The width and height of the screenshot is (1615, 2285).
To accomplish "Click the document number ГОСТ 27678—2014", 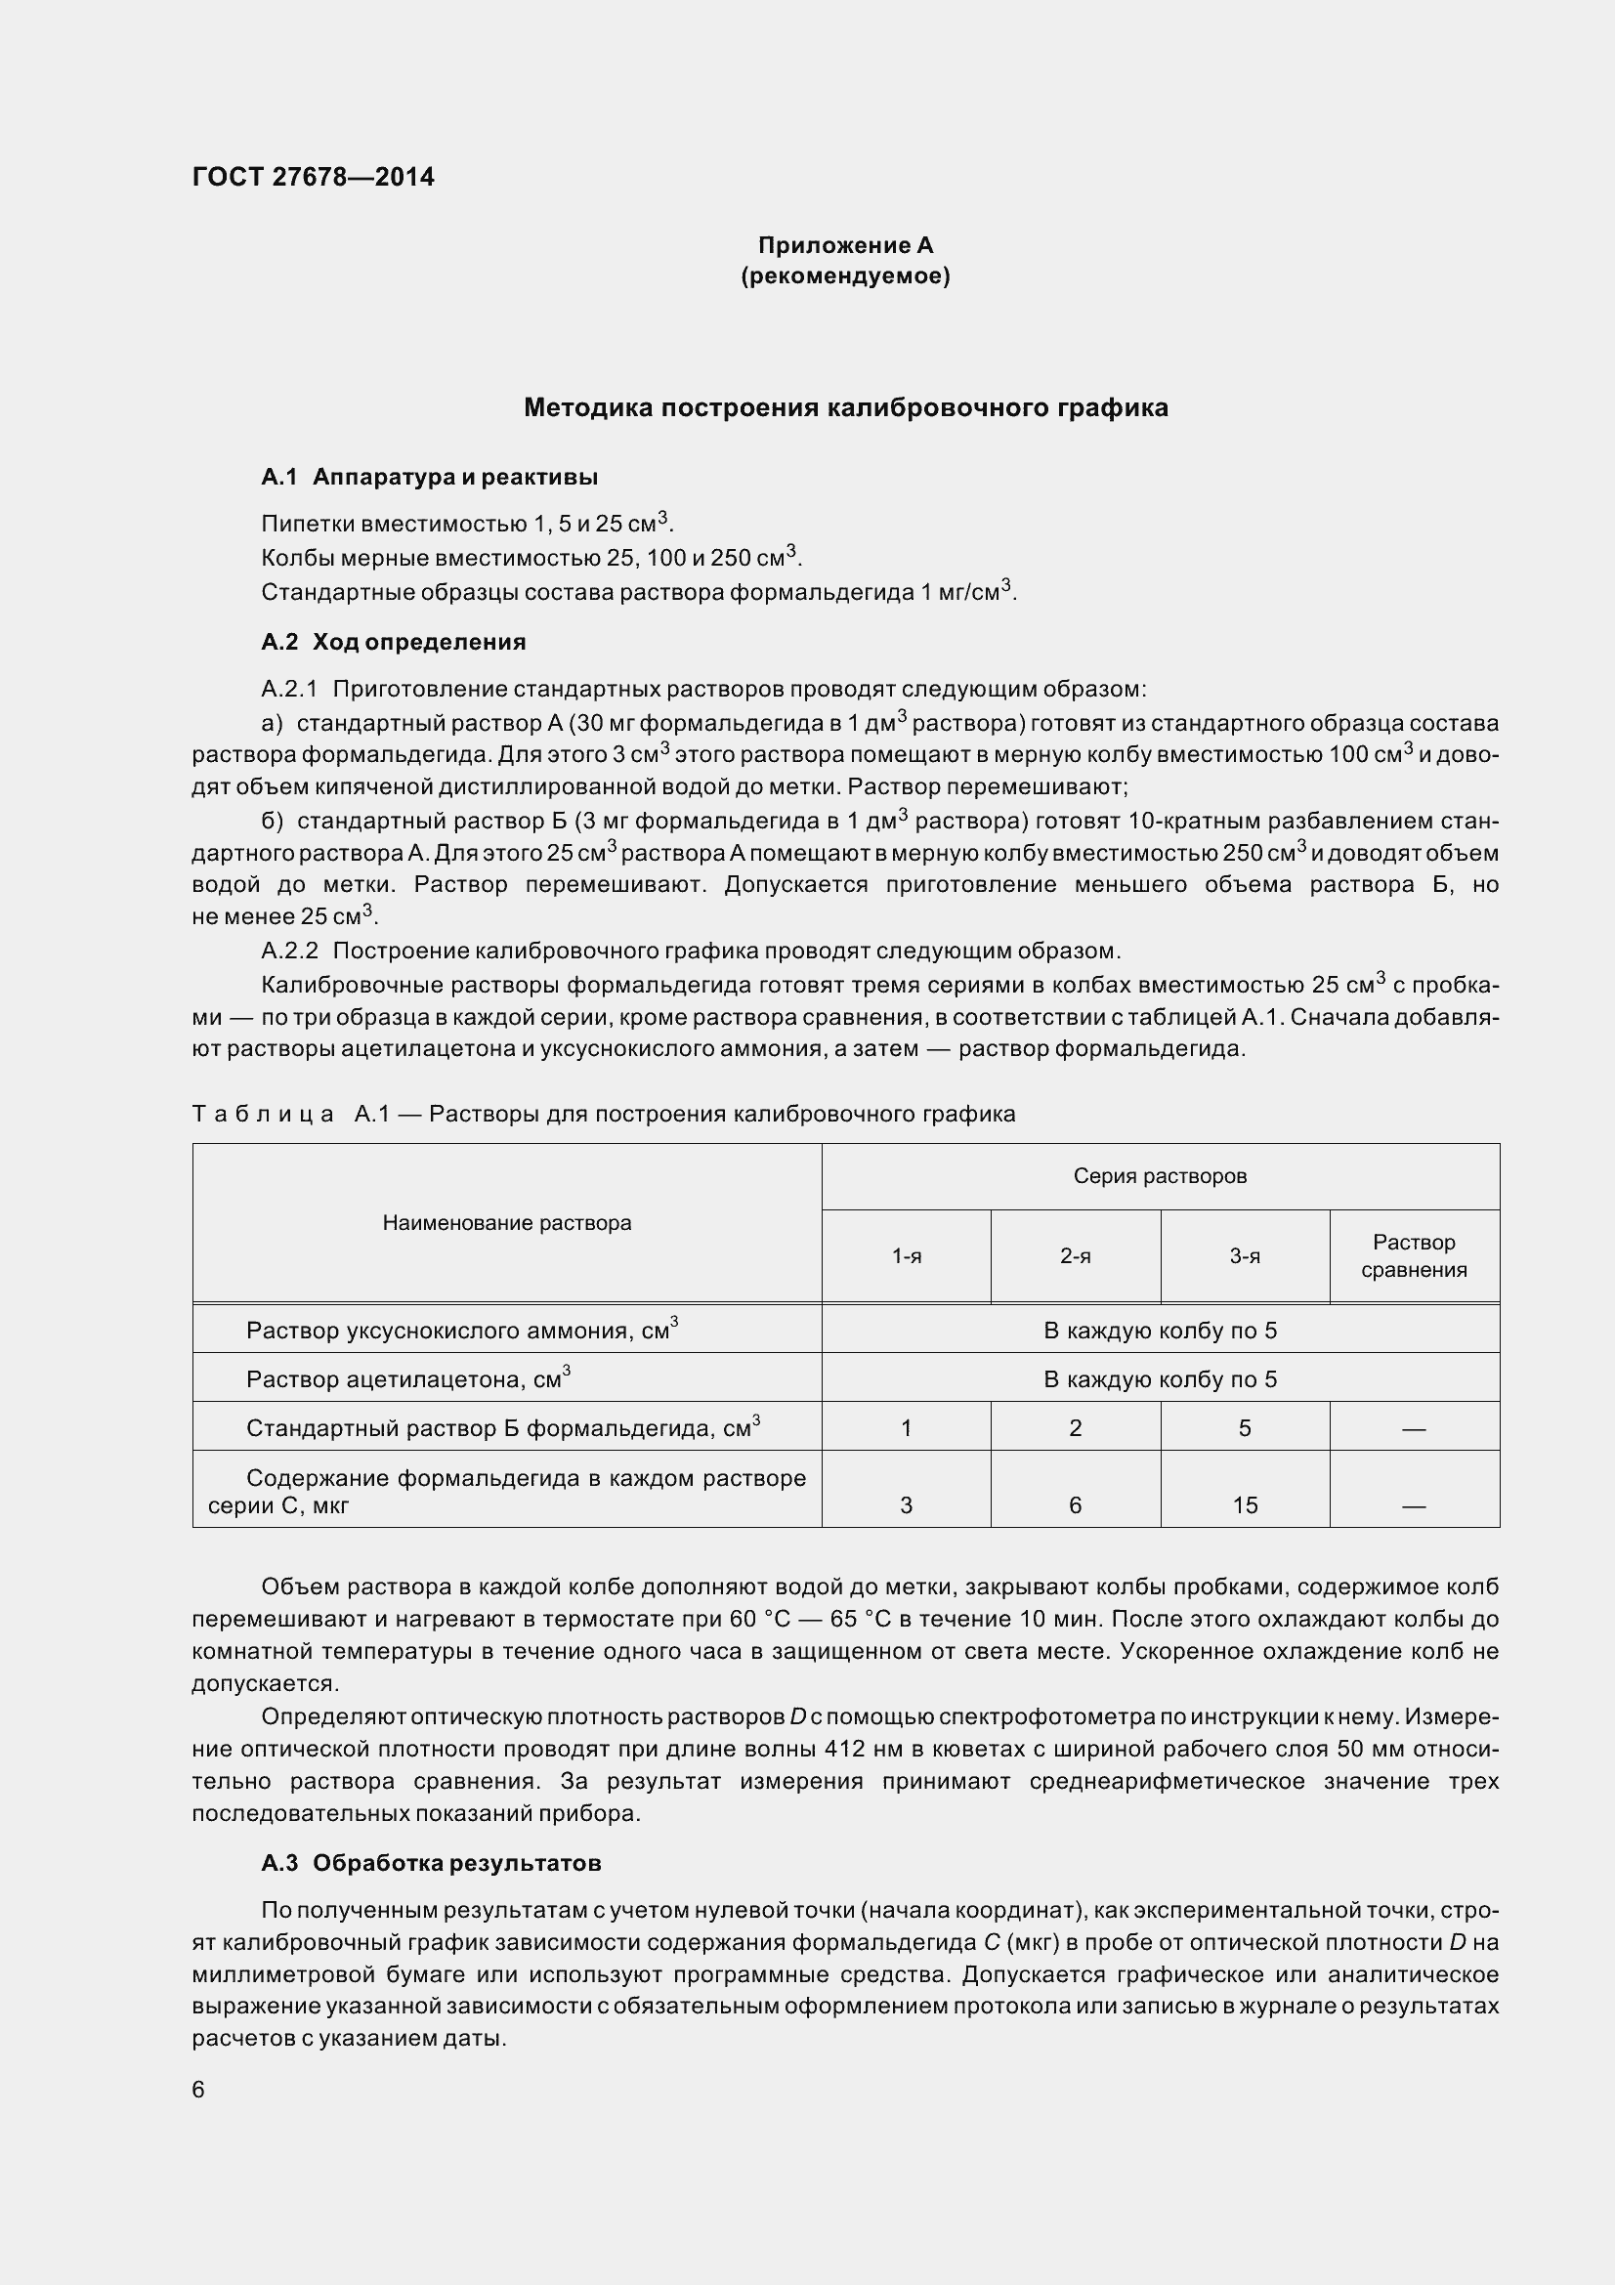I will click(313, 177).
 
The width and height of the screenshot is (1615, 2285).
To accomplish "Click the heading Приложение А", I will click(845, 245).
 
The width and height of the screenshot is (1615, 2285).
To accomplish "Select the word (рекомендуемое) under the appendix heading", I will click(845, 275).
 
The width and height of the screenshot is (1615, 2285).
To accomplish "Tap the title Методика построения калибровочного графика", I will click(845, 407).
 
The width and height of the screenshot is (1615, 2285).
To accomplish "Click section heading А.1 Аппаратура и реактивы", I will click(429, 478).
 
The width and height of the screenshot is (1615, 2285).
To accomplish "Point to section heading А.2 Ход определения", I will click(393, 642).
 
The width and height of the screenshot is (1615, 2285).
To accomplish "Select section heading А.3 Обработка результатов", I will click(431, 1863).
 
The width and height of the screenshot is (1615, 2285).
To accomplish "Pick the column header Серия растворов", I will click(1160, 1176).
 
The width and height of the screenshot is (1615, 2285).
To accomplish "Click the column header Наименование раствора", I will click(506, 1223).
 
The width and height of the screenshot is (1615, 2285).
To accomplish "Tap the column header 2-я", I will click(1075, 1257).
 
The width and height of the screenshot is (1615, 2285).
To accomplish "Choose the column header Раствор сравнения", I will click(1413, 1256).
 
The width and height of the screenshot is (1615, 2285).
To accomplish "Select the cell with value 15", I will click(1245, 1505).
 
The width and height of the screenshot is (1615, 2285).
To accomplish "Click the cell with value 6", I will click(1075, 1505).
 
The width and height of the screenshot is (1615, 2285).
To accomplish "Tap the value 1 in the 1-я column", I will click(906, 1428).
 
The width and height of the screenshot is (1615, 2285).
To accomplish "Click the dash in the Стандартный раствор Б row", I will click(1413, 1429).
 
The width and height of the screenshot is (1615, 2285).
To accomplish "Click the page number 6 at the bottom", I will click(198, 2090).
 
